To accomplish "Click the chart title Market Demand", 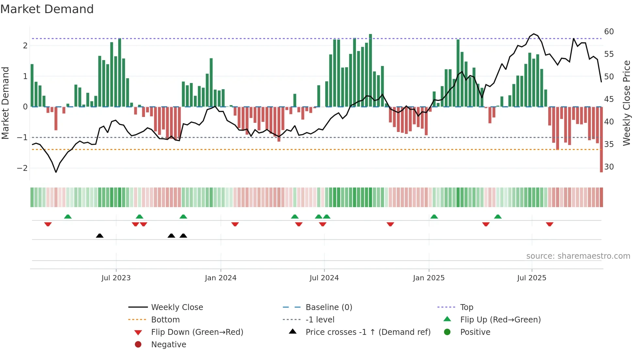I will tap(47, 9).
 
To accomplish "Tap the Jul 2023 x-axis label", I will tap(116, 278).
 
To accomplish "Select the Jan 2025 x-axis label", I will tap(428, 278).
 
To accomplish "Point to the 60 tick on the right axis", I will tap(609, 32).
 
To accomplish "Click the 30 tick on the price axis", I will tap(609, 167).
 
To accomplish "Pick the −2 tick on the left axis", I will tap(22, 168).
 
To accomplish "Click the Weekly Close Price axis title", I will tap(626, 103).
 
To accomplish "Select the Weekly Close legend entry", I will tap(177, 307).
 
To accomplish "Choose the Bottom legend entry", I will tap(165, 320).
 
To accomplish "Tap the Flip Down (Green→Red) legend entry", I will tap(197, 332).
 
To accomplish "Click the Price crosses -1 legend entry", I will tap(368, 332).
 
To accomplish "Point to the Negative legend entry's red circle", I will tap(138, 345).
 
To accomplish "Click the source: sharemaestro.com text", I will tap(578, 256).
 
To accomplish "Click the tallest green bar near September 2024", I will tap(370, 70).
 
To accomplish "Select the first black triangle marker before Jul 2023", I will tap(100, 236).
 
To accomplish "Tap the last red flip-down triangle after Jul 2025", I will tap(550, 224).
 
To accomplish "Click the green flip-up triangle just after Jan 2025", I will tap(434, 217).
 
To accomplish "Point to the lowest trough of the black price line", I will tap(56, 172).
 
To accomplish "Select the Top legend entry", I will tap(466, 307).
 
